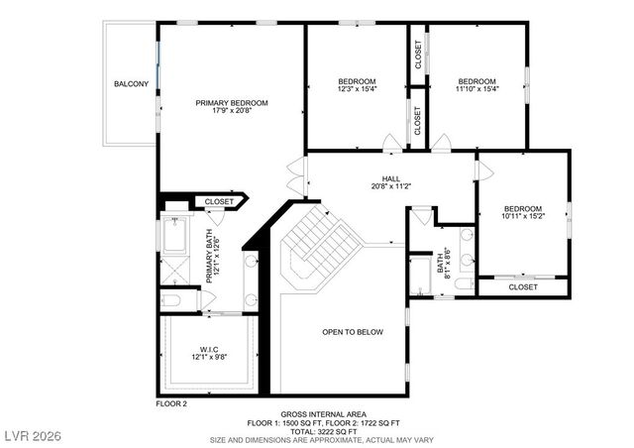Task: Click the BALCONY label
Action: pos(131,83)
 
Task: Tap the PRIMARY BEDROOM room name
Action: pos(231,102)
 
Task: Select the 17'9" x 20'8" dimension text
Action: pos(231,110)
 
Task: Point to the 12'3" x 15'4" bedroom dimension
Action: pos(357,89)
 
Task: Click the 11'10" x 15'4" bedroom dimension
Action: pos(476,89)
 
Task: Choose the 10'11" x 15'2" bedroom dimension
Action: pos(523,216)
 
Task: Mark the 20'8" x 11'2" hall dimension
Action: pos(389,185)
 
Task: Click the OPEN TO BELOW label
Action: pos(352,332)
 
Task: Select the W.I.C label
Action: pos(208,349)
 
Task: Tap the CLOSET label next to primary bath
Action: pos(219,201)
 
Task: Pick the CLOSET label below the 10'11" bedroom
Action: pos(523,286)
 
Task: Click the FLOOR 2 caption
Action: pos(171,403)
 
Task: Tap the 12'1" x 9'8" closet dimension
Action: pos(208,357)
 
